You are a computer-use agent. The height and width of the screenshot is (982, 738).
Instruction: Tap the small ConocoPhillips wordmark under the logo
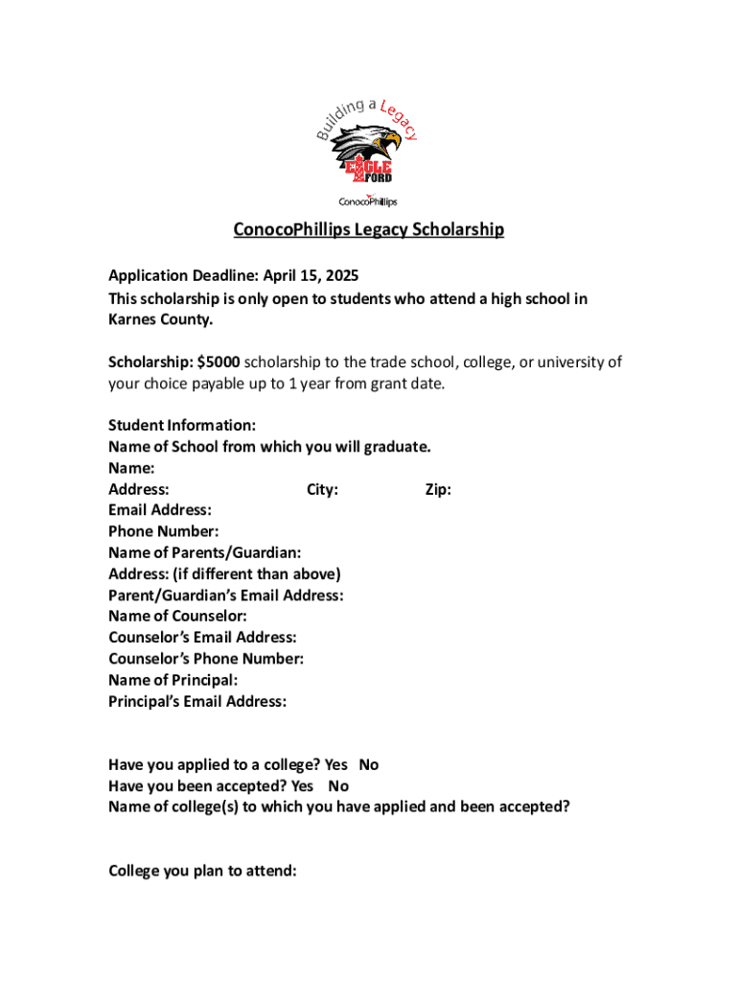pos(368,201)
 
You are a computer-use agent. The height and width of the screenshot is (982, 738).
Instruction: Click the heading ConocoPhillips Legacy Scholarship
pos(369,230)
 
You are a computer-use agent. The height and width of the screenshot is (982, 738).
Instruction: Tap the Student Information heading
pos(182,426)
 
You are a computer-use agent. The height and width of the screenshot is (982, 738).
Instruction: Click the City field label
pos(322,490)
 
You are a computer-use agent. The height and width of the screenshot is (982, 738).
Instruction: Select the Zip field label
pos(438,490)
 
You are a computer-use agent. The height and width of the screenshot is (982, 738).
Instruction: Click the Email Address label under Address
pos(160,511)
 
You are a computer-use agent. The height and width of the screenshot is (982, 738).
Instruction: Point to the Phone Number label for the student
pos(163,532)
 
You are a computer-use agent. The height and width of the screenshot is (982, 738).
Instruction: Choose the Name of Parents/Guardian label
pos(205,553)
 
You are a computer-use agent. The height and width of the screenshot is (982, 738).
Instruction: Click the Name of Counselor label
pos(177,617)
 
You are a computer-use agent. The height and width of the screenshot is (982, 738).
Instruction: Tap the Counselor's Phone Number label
pos(206,659)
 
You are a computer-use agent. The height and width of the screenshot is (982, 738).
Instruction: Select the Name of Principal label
pos(173,680)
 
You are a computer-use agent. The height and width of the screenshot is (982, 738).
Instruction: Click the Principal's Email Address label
pos(197,701)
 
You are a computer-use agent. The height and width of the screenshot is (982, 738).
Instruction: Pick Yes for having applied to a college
pos(335,765)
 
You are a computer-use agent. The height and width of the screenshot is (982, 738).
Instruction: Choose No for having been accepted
pos(338,786)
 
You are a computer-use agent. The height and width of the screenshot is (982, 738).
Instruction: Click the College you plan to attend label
pos(202,871)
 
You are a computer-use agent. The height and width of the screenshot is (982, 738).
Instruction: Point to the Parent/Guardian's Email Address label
pos(226,596)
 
